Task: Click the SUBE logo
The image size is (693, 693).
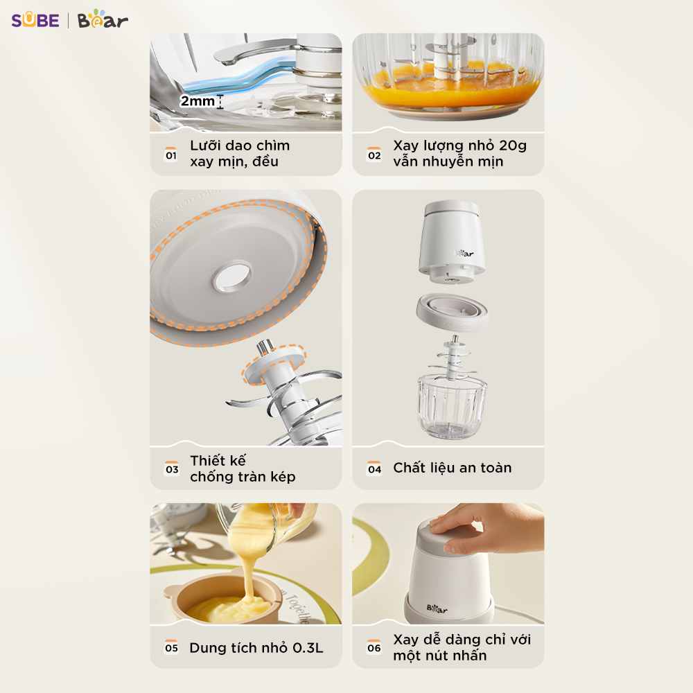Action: tap(35, 20)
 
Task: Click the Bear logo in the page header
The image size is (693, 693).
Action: tap(103, 19)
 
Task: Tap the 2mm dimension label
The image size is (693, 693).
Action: tap(197, 101)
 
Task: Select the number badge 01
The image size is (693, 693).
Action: tap(171, 155)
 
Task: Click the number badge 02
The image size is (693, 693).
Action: tap(374, 155)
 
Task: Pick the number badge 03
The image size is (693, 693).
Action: tap(172, 468)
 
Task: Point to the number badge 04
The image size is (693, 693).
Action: tap(374, 468)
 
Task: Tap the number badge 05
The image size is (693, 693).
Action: tap(171, 647)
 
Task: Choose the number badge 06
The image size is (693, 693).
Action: tap(374, 647)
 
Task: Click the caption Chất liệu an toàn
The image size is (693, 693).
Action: tap(452, 468)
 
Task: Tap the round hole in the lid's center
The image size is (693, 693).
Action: tap(232, 277)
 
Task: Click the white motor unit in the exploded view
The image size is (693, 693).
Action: tap(451, 241)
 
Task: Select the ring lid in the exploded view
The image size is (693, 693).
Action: tap(452, 312)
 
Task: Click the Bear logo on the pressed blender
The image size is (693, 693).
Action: tap(437, 608)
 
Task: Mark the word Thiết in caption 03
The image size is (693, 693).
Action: tap(218, 460)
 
